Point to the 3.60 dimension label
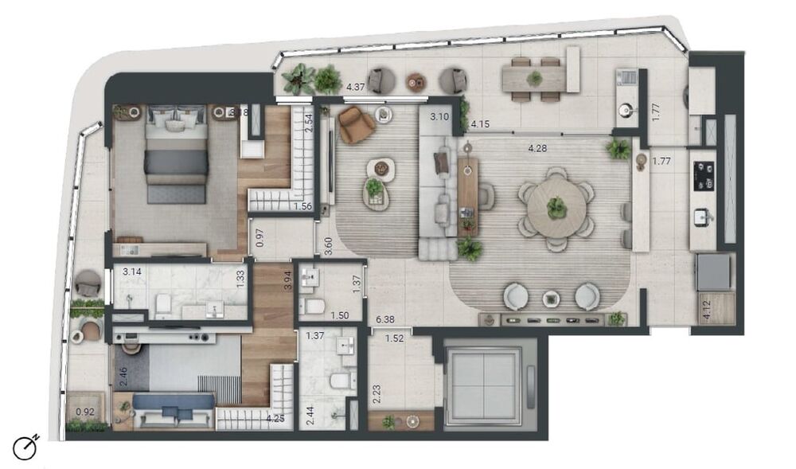(x=328, y=243)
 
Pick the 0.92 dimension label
(x=84, y=412)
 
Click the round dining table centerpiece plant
(x=556, y=207)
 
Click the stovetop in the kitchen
(x=704, y=176)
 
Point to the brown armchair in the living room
(x=355, y=123)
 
